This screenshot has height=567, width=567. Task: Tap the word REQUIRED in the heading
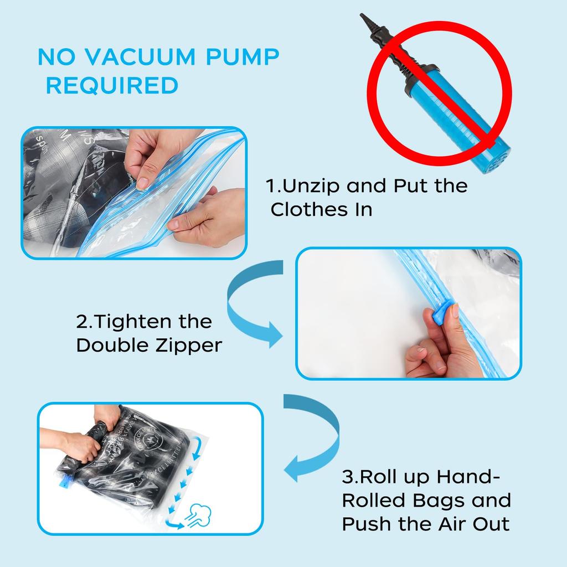112,86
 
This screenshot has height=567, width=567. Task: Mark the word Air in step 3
447,524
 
